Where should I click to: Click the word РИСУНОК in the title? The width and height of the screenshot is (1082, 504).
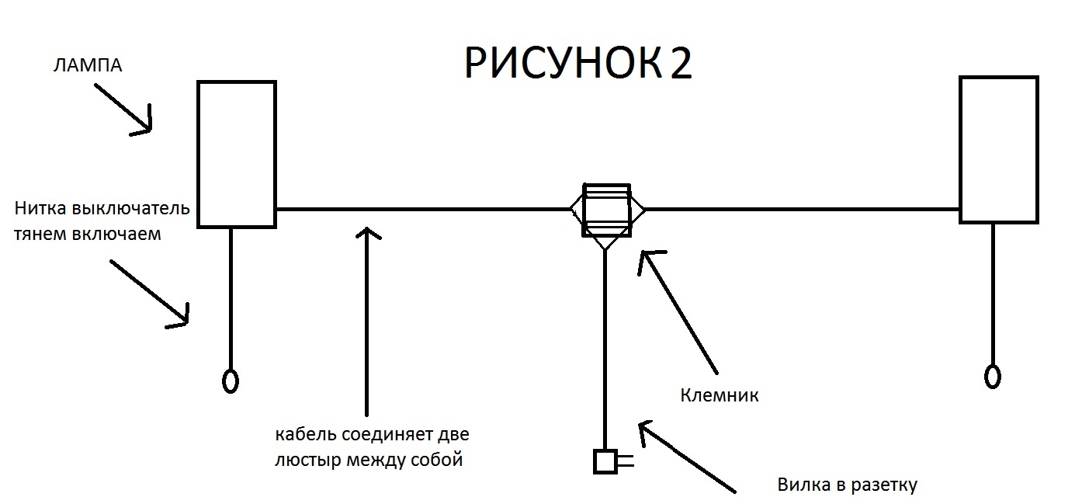coord(563,64)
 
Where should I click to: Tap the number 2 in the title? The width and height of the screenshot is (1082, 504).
coord(681,63)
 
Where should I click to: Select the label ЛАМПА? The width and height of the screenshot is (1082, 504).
coord(88,65)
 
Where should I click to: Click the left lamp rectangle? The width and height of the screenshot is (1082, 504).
coord(198,154)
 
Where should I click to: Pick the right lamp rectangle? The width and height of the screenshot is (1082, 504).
coord(960,149)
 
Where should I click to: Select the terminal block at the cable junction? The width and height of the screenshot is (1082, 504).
coord(606,210)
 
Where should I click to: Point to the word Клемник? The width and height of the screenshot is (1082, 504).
coord(720,395)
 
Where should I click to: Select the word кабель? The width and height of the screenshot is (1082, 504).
coord(306,434)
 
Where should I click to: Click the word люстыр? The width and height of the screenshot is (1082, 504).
coord(308,460)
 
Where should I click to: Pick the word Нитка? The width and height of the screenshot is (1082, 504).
coord(40,208)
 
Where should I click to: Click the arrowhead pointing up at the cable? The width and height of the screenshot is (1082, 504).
coord(368,234)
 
